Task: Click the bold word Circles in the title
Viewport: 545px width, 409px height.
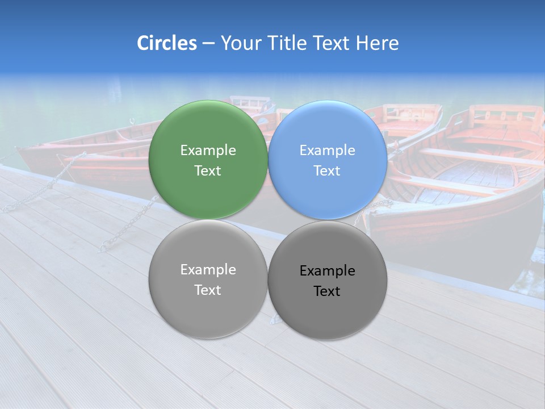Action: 167,43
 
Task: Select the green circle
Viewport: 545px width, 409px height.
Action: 208,131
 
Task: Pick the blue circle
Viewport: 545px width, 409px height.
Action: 328,131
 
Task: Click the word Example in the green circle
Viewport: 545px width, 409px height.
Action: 208,150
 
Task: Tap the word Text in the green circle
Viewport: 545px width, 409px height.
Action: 208,170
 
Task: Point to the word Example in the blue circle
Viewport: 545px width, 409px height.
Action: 328,150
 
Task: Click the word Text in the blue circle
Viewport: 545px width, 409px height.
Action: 328,170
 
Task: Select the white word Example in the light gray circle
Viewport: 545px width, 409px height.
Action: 208,269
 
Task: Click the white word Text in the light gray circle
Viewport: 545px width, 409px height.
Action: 208,290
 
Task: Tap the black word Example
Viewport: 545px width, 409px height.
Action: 328,270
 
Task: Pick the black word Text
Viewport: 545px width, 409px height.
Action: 328,291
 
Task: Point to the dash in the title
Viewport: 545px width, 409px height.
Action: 208,44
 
